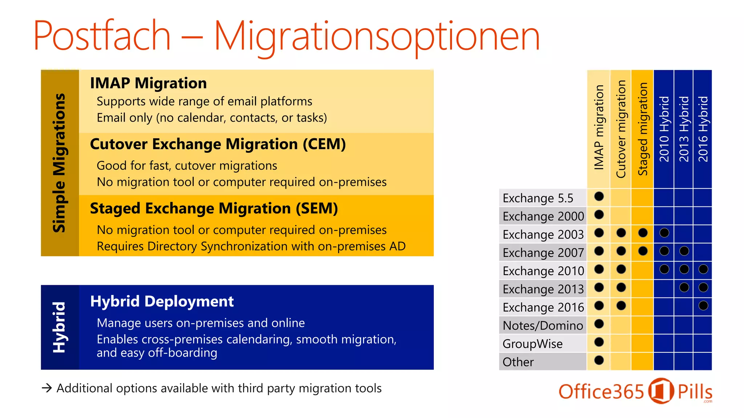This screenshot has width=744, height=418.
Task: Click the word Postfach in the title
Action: [x=102, y=36]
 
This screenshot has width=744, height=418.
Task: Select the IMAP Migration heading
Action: [x=148, y=83]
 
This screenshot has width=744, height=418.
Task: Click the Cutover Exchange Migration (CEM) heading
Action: [x=218, y=144]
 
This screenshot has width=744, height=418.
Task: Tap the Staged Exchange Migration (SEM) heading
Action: [x=214, y=209]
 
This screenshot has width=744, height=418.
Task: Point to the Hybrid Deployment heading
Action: [x=162, y=302]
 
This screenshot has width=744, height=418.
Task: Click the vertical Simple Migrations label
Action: [x=59, y=163]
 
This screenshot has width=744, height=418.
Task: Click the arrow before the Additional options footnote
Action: [x=47, y=388]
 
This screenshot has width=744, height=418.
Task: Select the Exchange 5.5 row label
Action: [x=538, y=198]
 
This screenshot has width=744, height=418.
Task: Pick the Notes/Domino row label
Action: [x=543, y=325]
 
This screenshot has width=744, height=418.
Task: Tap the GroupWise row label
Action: [x=533, y=344]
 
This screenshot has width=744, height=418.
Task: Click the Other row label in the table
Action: [x=518, y=362]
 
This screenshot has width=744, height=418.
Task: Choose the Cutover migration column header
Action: [x=621, y=129]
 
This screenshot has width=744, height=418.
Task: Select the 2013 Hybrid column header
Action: [x=684, y=129]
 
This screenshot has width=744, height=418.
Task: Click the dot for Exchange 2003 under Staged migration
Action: [x=643, y=233]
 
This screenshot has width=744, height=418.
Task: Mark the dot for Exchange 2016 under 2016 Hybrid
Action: [x=703, y=306]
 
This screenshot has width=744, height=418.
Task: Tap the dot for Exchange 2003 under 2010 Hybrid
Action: [x=664, y=233]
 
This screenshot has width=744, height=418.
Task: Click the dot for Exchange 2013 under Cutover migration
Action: [x=621, y=287]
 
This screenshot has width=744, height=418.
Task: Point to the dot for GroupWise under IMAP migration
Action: [x=599, y=342]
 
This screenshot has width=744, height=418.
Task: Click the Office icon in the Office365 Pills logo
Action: [x=661, y=391]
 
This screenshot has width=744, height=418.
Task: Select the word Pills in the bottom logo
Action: [x=695, y=392]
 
